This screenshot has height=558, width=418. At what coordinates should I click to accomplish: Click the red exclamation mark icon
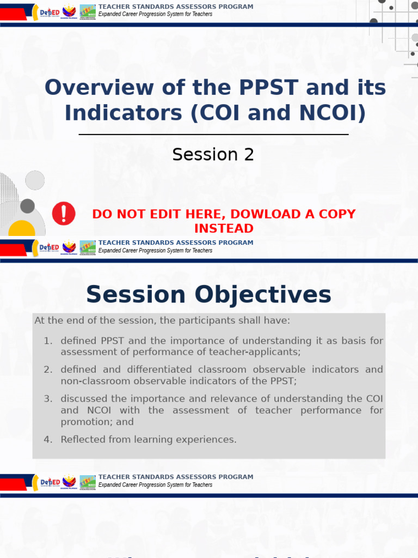[x=64, y=213]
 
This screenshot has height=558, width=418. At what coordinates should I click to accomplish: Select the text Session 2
[x=213, y=155]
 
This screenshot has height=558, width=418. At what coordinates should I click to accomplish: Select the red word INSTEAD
[x=224, y=228]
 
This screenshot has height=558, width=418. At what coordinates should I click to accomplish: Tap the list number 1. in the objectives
[x=48, y=341]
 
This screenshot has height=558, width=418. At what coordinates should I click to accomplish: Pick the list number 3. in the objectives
[x=48, y=398]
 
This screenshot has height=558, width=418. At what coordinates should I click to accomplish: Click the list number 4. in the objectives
[x=48, y=439]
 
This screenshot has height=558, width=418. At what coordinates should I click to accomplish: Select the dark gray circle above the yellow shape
[x=27, y=206]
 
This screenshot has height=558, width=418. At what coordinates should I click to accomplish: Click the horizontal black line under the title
[x=213, y=135]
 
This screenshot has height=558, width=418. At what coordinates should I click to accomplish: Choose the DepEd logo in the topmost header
[x=49, y=11]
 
